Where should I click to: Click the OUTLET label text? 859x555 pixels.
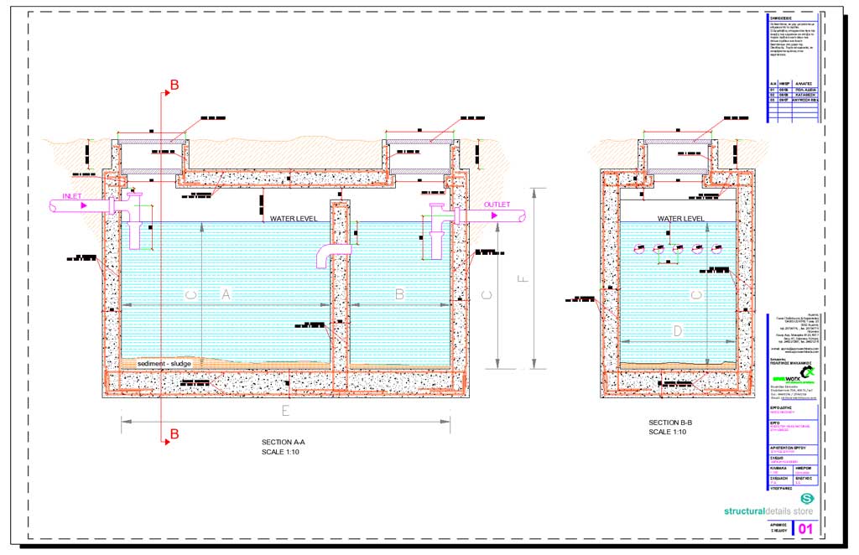pos(497,204)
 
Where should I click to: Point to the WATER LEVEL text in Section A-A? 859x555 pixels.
pos(293,219)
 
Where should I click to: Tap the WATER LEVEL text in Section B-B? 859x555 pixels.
pos(680,219)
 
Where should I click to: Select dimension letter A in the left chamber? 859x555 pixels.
pos(225,293)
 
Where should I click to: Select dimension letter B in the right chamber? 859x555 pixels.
pos(399,293)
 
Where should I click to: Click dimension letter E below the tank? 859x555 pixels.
pos(285,411)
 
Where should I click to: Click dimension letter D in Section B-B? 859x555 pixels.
pos(678,331)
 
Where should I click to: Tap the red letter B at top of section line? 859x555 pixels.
pos(174,85)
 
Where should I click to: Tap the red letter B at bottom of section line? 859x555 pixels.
pos(174,433)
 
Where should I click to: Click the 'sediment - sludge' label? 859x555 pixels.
pos(164,363)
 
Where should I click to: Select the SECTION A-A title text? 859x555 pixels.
pos(281,442)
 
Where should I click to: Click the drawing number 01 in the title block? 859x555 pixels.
pos(806,528)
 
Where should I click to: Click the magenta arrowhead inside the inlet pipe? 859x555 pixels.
pos(82,204)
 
